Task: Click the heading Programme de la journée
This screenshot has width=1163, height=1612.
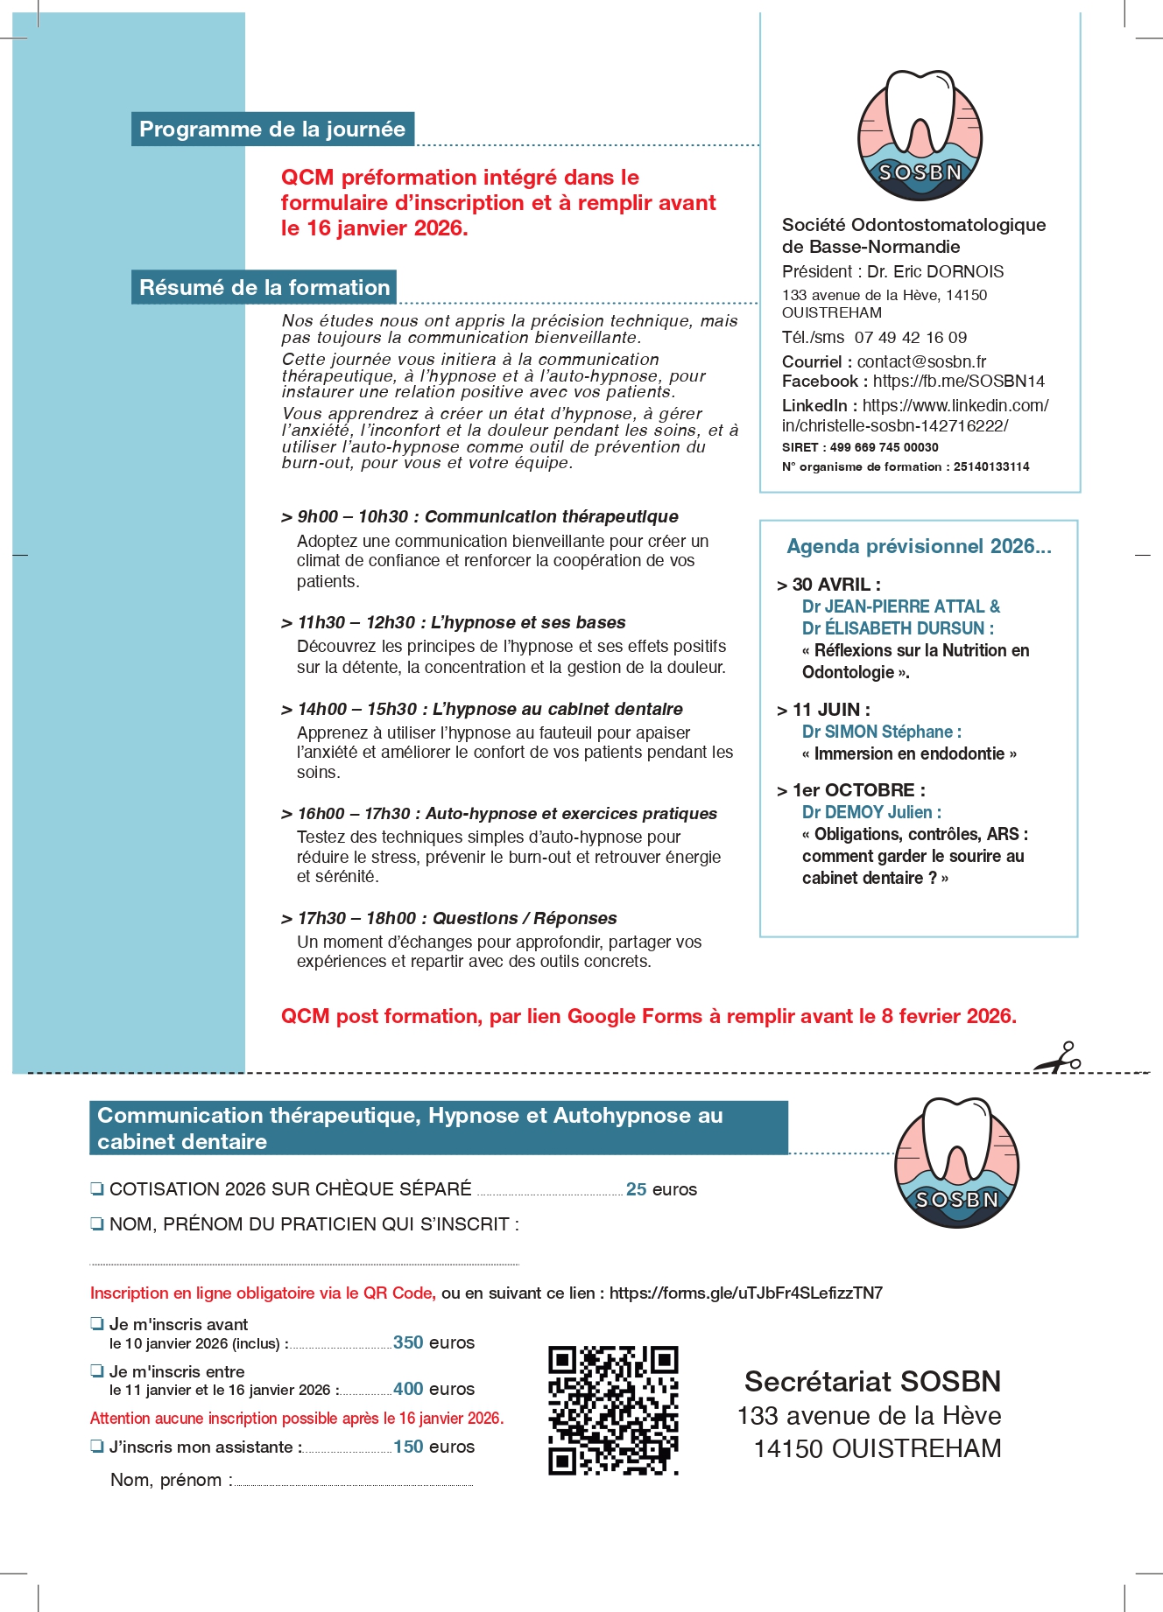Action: pos(272,130)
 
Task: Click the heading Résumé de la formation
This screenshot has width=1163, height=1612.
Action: pos(264,288)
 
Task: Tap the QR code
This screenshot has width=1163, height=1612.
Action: pos(613,1410)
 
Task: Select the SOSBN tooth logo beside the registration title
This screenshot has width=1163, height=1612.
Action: pos(956,1163)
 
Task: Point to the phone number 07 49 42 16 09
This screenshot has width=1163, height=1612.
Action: pos(911,338)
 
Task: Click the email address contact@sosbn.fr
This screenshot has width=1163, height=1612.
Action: pos(921,362)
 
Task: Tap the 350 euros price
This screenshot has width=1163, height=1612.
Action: pos(433,1342)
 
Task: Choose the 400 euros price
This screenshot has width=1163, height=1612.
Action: pos(433,1389)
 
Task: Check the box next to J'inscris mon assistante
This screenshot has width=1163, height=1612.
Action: pos(97,1446)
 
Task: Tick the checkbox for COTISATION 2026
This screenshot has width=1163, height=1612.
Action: pos(97,1188)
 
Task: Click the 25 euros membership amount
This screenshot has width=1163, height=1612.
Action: pos(661,1189)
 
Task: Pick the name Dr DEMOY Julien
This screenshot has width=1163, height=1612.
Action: pos(871,812)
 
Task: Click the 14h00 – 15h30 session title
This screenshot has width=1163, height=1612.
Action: pos(489,709)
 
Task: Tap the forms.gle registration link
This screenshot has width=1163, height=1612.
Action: pos(745,1293)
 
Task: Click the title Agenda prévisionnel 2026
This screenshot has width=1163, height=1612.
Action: pos(919,547)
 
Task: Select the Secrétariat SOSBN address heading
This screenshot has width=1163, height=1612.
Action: pos(872,1382)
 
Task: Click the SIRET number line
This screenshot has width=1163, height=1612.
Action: pos(860,447)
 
